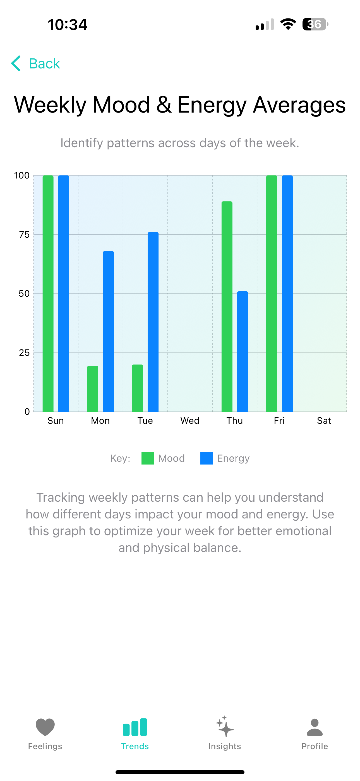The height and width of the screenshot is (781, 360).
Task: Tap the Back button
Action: pyautogui.click(x=35, y=63)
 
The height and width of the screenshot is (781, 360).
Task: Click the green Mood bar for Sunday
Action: pyautogui.click(x=48, y=293)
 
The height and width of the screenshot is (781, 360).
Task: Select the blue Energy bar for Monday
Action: pyautogui.click(x=108, y=331)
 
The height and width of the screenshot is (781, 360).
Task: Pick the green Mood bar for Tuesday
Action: pyautogui.click(x=137, y=388)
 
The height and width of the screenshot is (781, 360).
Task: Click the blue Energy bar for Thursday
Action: pyautogui.click(x=243, y=351)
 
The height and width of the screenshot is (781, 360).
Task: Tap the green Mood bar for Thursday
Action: pyautogui.click(x=227, y=306)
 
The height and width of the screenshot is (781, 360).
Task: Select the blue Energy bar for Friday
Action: pyautogui.click(x=287, y=293)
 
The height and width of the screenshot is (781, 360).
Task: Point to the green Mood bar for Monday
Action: pyautogui.click(x=93, y=388)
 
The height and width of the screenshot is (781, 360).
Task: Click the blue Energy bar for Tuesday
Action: pyautogui.click(x=153, y=322)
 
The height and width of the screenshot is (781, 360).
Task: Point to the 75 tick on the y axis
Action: pyautogui.click(x=24, y=234)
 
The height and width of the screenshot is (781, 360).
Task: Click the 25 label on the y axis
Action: pyautogui.click(x=24, y=353)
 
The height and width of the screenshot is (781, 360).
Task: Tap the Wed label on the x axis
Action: pyautogui.click(x=190, y=420)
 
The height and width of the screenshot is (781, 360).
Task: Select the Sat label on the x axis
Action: pyautogui.click(x=324, y=420)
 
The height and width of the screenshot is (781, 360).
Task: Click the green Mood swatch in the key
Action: pyautogui.click(x=148, y=458)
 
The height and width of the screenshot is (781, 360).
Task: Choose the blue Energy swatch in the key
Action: pyautogui.click(x=207, y=458)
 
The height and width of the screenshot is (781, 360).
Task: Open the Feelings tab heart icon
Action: pyautogui.click(x=45, y=727)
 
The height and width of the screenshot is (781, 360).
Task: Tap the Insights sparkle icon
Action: pyautogui.click(x=225, y=727)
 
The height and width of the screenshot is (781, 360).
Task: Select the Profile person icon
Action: pyautogui.click(x=315, y=727)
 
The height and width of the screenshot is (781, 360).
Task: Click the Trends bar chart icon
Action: pyautogui.click(x=135, y=727)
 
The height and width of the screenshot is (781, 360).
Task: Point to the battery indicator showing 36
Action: pyautogui.click(x=315, y=24)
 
